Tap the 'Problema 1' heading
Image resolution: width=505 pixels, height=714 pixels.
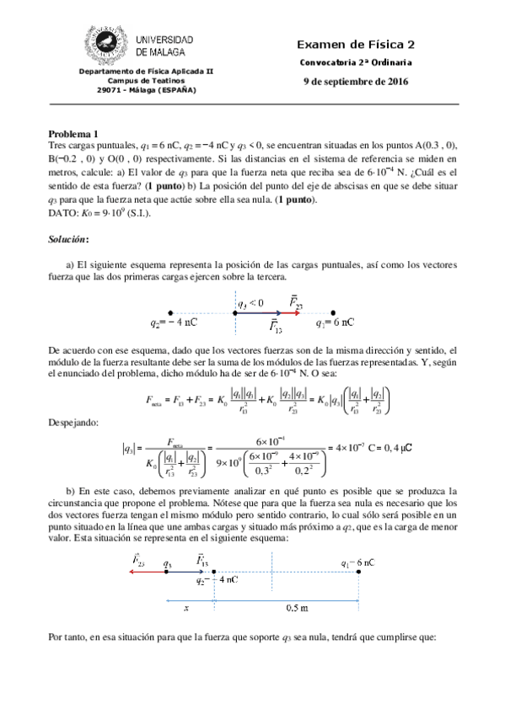73,133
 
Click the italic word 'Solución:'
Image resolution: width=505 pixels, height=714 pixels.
69,240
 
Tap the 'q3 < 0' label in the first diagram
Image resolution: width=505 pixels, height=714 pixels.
250,302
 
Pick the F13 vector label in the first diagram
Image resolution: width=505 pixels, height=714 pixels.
274,327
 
